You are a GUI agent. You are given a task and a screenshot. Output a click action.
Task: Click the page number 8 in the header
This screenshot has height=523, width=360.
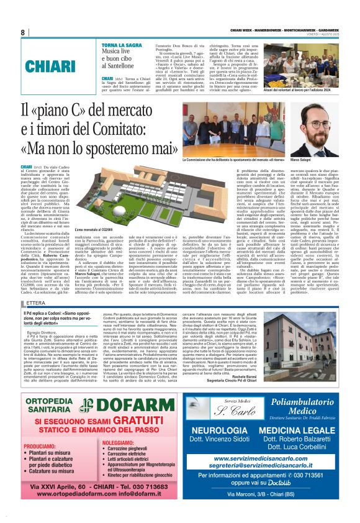(x=22, y=32)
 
